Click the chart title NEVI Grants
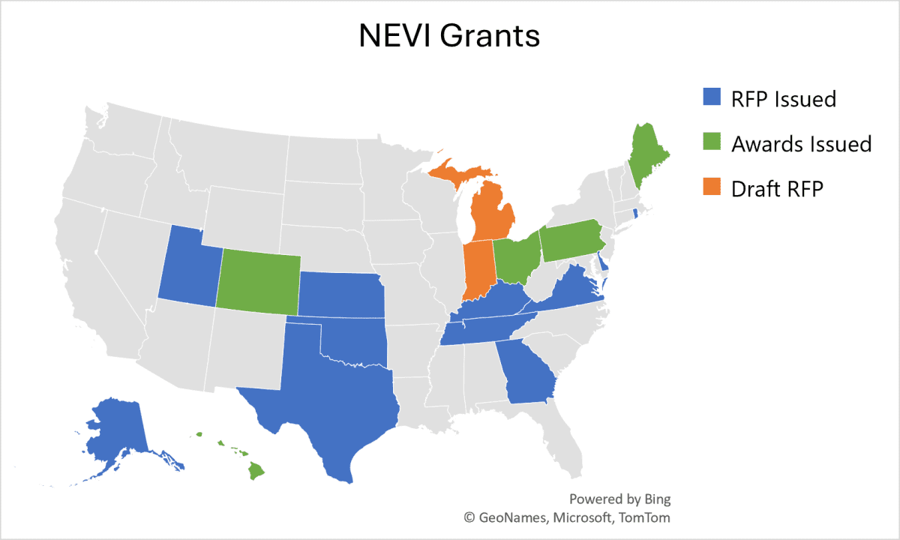pyautogui.click(x=449, y=36)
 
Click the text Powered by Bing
pyautogui.click(x=619, y=499)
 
